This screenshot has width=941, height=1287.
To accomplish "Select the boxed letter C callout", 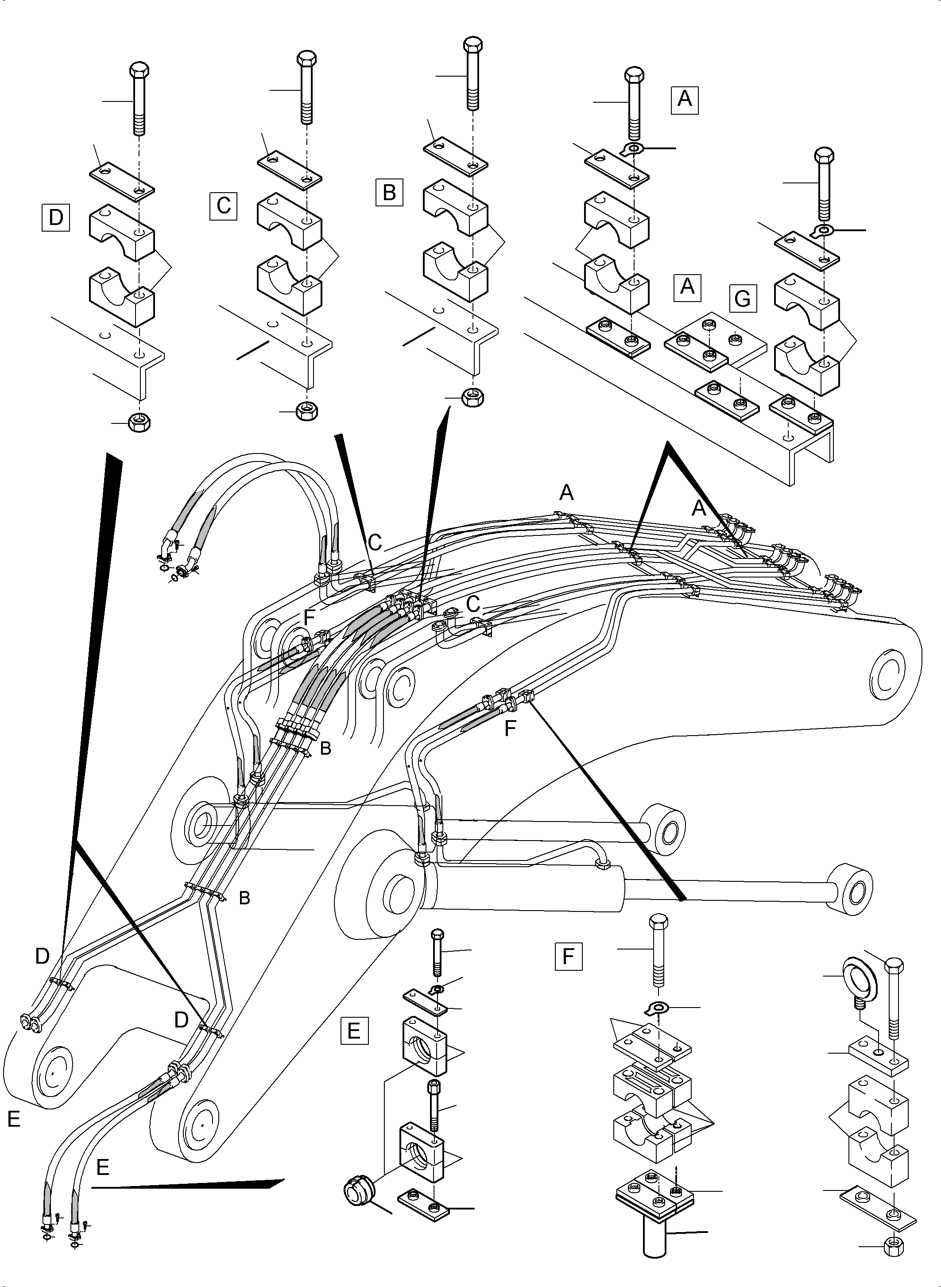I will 223,205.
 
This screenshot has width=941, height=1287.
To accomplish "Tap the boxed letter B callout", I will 389,192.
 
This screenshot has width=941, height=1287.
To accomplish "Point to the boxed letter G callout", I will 743,299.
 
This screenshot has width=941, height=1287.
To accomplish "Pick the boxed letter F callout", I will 568,957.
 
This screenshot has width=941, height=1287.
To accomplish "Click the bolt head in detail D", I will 139,71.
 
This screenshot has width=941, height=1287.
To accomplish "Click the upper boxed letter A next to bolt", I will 684,100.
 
